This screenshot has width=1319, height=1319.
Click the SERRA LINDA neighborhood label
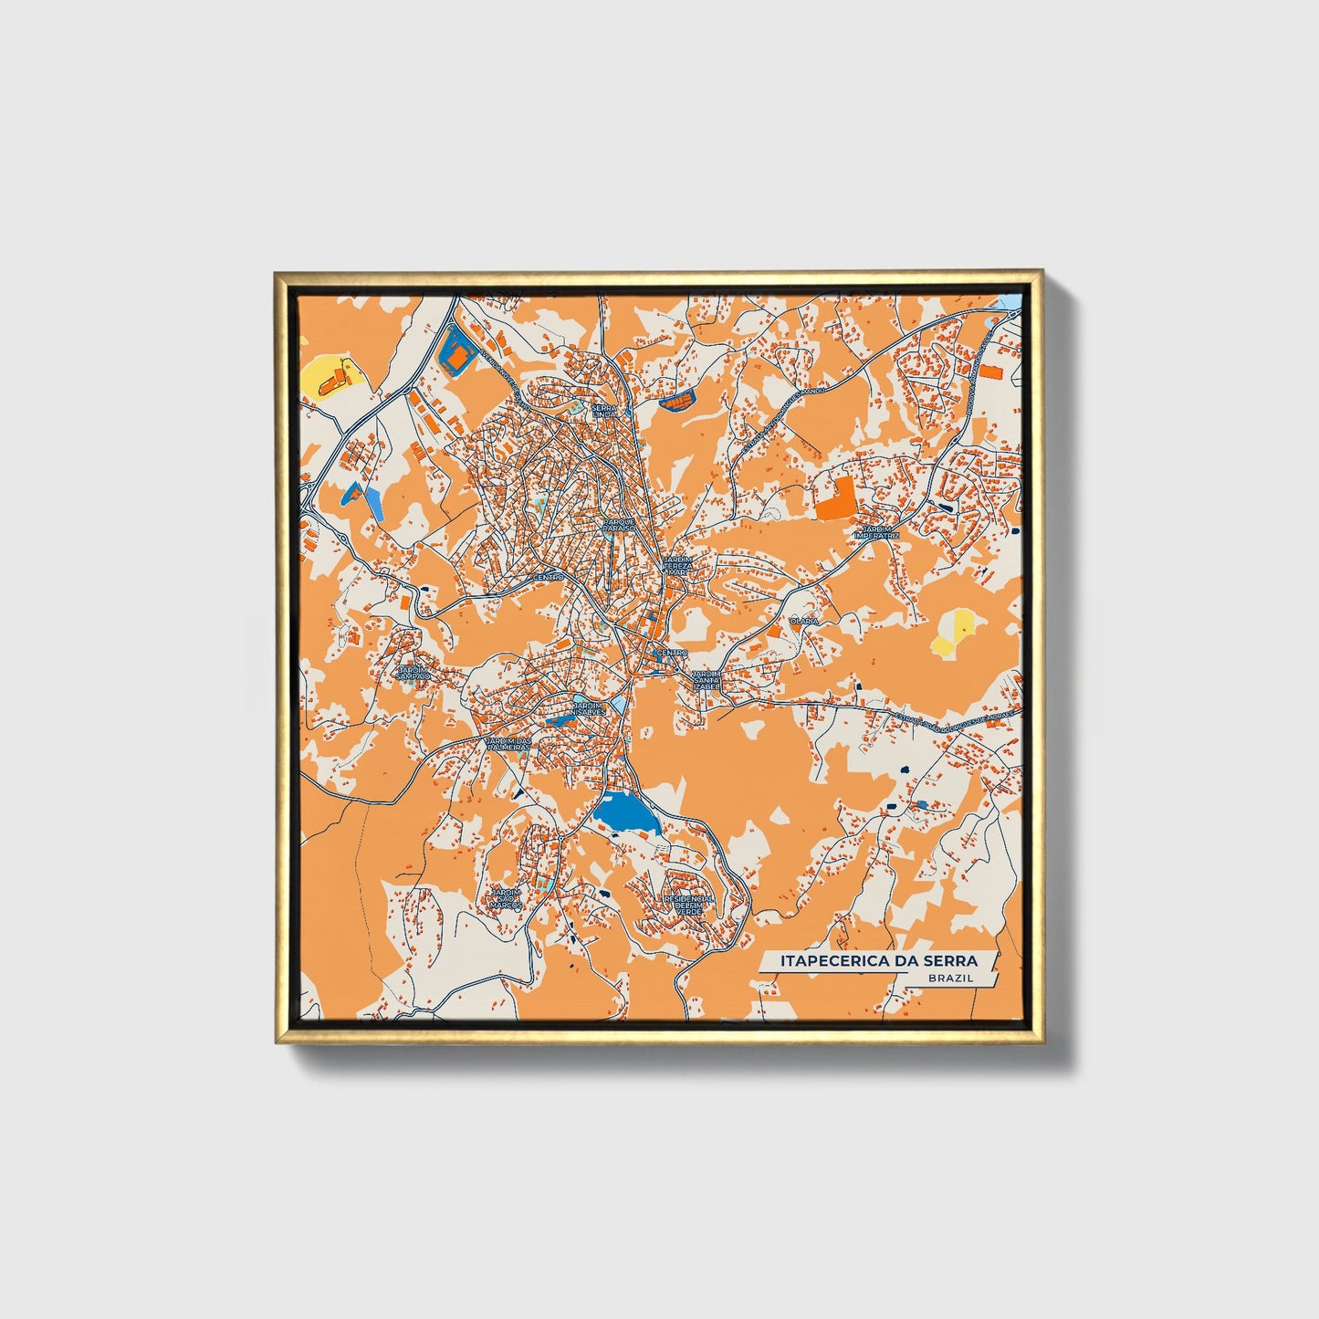coord(605,411)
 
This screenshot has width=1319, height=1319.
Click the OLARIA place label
coord(804,621)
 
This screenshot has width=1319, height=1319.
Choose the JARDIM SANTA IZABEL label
coord(707,679)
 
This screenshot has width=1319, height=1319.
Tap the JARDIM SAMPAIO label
coord(413,673)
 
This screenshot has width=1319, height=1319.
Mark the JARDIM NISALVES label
coord(587,709)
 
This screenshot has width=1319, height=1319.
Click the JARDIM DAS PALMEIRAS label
coord(508,744)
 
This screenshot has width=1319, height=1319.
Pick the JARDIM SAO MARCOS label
coord(506,898)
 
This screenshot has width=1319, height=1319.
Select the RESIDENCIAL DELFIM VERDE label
coord(689,905)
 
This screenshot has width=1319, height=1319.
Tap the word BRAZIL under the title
coord(949,978)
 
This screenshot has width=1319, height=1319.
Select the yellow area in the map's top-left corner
coord(325,376)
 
